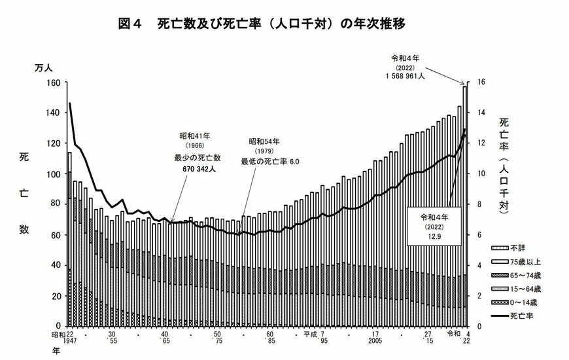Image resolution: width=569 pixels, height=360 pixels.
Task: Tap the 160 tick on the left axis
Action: pyautogui.click(x=54, y=82)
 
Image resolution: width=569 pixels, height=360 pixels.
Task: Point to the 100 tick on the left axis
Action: pyautogui.click(x=54, y=174)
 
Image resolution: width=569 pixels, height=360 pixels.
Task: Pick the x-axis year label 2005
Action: pyautogui.click(x=375, y=341)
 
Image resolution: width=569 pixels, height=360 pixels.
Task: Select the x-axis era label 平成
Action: pyautogui.click(x=310, y=333)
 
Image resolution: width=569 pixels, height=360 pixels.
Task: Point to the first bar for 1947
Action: pyautogui.click(x=69, y=239)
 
